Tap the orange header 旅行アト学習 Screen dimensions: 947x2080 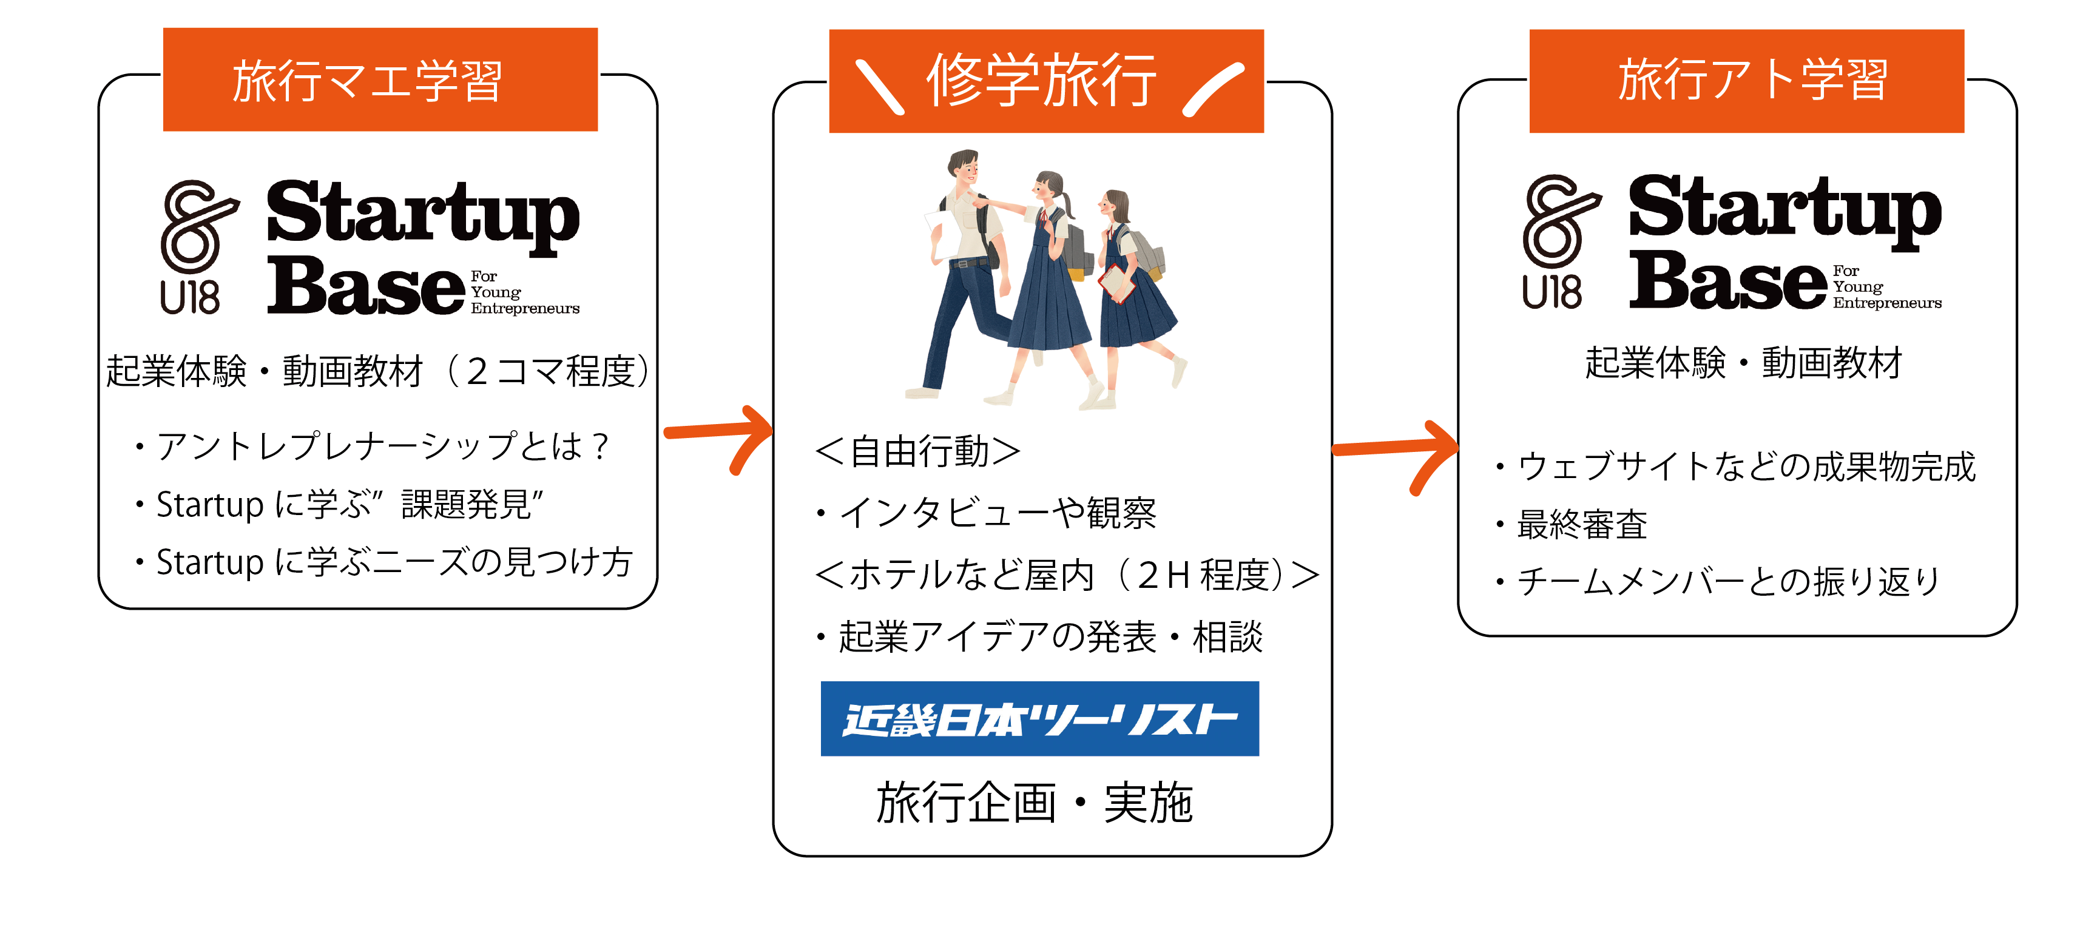pos(1746,81)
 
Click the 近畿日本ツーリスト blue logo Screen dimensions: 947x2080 pos(1039,718)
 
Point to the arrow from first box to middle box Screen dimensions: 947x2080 pos(718,436)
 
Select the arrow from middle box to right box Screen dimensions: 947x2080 pos(1397,452)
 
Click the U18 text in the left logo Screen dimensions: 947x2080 pos(190,297)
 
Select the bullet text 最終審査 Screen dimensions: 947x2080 pos(1581,525)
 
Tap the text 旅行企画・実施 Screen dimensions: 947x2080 pos(1035,803)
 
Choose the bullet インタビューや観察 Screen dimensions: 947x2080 pos(997,513)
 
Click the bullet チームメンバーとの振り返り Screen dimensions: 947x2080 pos(1728,581)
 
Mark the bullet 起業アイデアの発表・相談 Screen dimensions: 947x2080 pos(1050,637)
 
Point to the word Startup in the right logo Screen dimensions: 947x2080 pos(1785,208)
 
